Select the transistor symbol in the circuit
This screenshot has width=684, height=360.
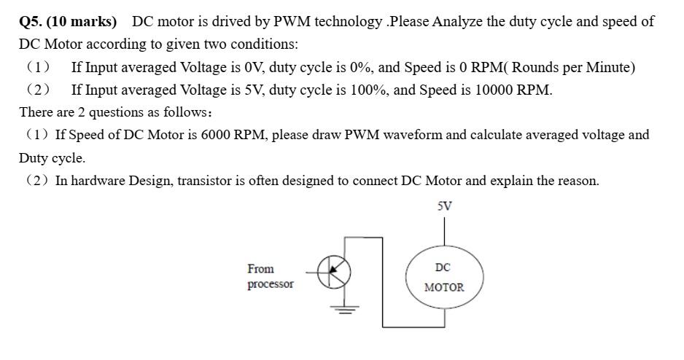pos(337,272)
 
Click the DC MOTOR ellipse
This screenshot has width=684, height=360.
pos(444,277)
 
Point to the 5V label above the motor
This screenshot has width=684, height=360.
pos(444,206)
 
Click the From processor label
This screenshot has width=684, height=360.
pos(270,276)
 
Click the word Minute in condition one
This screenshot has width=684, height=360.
pos(609,68)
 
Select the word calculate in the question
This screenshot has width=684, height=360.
pos(502,136)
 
